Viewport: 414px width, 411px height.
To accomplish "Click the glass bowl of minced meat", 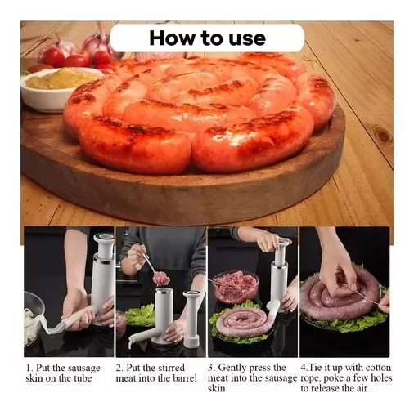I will click(235, 286).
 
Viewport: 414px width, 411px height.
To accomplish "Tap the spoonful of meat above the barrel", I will click(160, 278).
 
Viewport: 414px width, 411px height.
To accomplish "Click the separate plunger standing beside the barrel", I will click(191, 315).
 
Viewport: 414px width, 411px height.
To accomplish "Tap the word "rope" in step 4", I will click(312, 377).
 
